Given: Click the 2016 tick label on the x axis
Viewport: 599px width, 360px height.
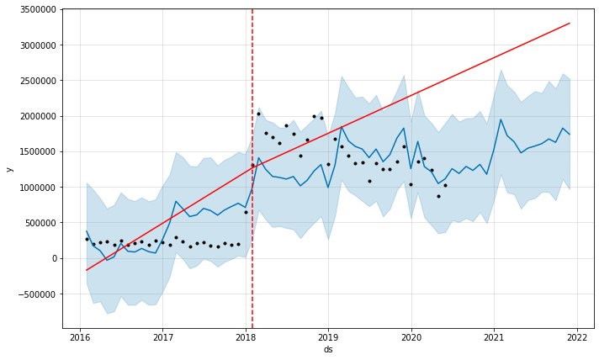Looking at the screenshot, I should coord(80,336).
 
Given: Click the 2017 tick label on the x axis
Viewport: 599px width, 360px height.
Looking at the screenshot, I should coord(162,336).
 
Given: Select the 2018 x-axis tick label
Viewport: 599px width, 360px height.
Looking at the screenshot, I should coord(246,336).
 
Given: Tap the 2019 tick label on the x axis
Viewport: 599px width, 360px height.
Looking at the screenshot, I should coord(328,336).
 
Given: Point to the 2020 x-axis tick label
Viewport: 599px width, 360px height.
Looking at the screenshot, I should coord(411,336).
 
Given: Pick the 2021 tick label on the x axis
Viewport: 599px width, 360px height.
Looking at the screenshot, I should coord(494,336).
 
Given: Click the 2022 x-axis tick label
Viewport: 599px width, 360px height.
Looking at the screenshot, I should coord(576,336).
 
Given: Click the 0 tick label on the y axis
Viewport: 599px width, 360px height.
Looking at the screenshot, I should coord(53,258).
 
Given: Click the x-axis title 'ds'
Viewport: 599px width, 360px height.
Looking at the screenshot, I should coord(327,350).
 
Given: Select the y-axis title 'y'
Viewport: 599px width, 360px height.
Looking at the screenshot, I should coord(9,169).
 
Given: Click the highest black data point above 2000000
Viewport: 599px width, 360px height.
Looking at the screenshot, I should coord(258,114).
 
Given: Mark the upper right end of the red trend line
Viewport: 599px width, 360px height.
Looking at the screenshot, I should coord(570,24).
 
